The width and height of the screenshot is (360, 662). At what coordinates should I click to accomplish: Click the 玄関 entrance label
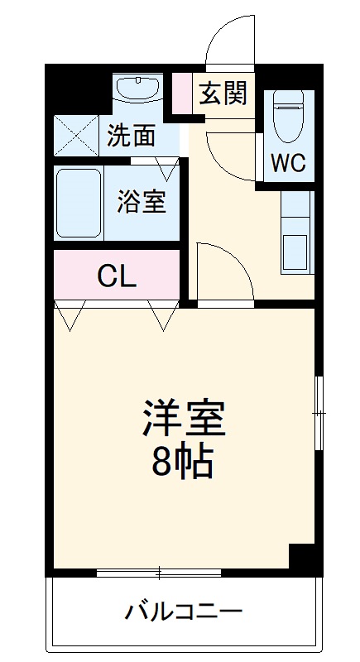pyautogui.click(x=223, y=94)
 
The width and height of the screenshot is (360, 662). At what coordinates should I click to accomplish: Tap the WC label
pyautogui.click(x=288, y=163)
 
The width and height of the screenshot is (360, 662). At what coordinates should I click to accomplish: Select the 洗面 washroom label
pyautogui.click(x=132, y=136)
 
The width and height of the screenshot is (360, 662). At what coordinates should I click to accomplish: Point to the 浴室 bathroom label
pyautogui.click(x=142, y=201)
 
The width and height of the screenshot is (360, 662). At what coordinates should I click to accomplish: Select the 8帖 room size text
pyautogui.click(x=184, y=463)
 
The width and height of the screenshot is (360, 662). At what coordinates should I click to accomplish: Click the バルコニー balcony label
pyautogui.click(x=184, y=613)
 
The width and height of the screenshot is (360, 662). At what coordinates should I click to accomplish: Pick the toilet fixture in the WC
pyautogui.click(x=289, y=117)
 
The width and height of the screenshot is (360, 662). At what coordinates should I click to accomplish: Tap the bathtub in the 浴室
pyautogui.click(x=79, y=203)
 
